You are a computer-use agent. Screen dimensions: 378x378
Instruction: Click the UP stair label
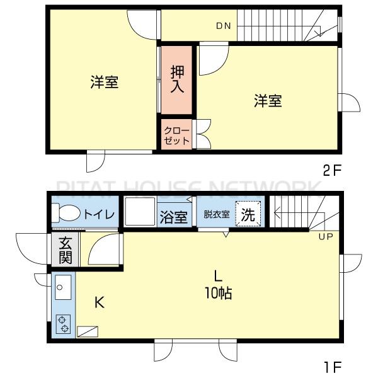pyautogui.click(x=326, y=236)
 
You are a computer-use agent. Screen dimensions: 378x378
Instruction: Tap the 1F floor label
pyautogui.click(x=333, y=365)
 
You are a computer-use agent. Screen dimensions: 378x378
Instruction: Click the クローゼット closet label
pyautogui.click(x=176, y=135)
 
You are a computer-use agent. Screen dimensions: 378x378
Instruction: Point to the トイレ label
pyautogui.click(x=99, y=214)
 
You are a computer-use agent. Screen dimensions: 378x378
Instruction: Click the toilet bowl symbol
pyautogui.click(x=65, y=214)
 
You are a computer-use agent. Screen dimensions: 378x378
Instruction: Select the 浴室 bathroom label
pyautogui.click(x=173, y=217)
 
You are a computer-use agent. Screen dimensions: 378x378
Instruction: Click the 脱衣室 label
pyautogui.click(x=216, y=214)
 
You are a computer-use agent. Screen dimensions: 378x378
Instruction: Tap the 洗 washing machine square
pyautogui.click(x=249, y=214)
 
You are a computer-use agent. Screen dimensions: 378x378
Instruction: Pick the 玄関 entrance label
pyautogui.click(x=66, y=249)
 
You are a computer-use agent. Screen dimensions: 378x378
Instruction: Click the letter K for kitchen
pyautogui.click(x=99, y=302)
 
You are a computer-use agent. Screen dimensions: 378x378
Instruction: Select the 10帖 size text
pyautogui.click(x=218, y=293)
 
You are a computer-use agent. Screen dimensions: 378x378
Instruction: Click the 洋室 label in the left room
pyautogui.click(x=104, y=82)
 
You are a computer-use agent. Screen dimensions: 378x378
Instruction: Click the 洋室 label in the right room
pyautogui.click(x=268, y=100)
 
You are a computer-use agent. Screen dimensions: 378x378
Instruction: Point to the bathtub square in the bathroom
pyautogui.click(x=139, y=213)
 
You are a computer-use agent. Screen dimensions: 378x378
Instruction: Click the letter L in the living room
pyautogui.click(x=217, y=275)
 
